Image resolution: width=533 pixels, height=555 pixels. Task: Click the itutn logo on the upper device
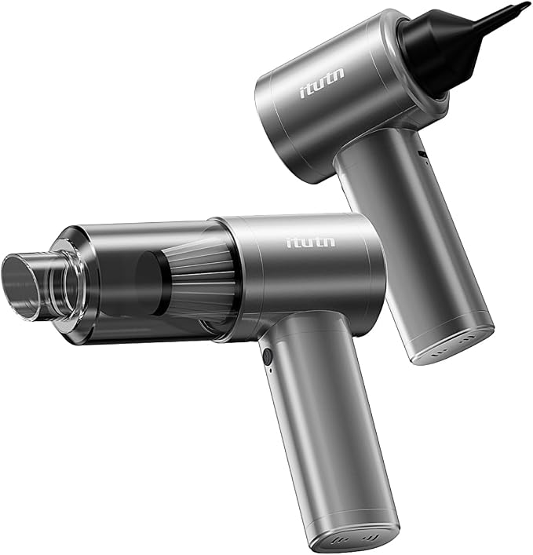pyautogui.click(x=322, y=83)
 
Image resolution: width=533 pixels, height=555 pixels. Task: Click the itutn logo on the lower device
pyautogui.click(x=310, y=242)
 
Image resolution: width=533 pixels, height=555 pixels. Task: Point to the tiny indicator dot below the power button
pyautogui.click(x=271, y=371)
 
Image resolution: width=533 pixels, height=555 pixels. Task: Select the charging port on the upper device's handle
pyautogui.click(x=422, y=154)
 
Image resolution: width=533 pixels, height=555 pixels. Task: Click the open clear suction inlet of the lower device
pyautogui.click(x=22, y=287)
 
